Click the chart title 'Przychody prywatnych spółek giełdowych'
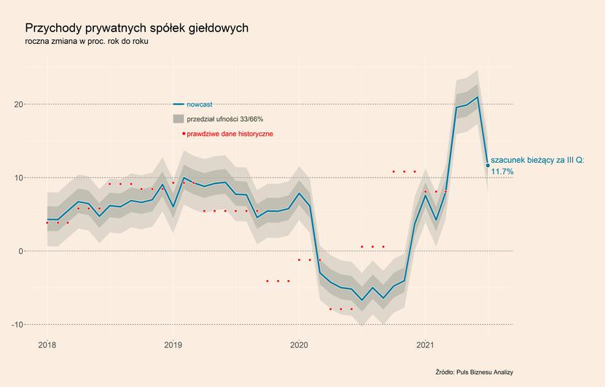136,28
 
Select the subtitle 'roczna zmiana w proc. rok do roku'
87,42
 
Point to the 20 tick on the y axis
19,104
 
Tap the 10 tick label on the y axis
19,178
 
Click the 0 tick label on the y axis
21,251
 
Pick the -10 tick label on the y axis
17,325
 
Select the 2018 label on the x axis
47,345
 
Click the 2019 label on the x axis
173,345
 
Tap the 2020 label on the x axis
299,345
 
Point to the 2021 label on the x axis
425,345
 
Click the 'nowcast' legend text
200,104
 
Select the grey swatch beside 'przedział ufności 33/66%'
179,119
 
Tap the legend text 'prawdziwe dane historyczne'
230,134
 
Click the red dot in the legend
184,134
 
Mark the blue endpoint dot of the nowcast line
488,166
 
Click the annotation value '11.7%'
502,172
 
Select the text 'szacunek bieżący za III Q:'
537,161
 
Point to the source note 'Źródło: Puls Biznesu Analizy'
475,372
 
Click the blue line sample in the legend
179,104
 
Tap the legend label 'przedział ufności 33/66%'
225,119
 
